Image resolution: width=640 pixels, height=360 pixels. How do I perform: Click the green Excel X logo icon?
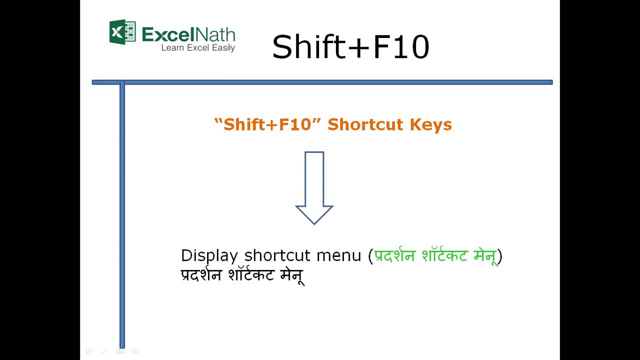click(122, 32)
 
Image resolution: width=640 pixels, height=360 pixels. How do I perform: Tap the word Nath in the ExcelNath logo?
click(214, 34)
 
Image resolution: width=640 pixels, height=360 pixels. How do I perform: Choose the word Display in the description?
click(209, 255)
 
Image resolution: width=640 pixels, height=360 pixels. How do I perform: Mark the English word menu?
click(338, 255)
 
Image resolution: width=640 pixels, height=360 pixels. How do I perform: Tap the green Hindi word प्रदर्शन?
click(394, 255)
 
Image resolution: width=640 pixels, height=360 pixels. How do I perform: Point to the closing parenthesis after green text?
click(500, 256)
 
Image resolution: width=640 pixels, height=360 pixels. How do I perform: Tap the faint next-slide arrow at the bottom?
click(135, 351)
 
